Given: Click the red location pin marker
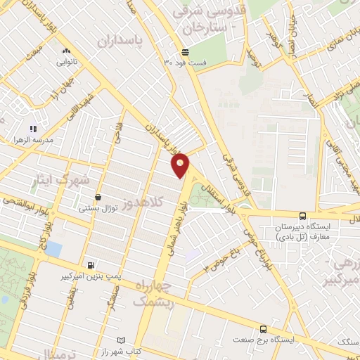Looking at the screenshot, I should [x=181, y=165].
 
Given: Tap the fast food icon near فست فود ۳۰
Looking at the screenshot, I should [x=184, y=52].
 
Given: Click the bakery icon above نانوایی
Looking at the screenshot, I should [x=66, y=51].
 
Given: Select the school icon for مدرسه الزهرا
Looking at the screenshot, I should [x=32, y=129].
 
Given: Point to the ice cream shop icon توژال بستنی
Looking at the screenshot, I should [x=98, y=198].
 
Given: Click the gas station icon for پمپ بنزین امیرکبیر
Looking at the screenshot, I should [x=86, y=266].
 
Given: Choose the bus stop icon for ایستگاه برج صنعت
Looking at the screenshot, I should [x=263, y=328].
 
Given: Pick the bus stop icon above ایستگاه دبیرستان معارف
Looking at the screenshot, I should [x=302, y=217].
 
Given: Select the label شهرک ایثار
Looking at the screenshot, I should [x=61, y=181].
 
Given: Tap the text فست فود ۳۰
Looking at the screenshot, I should [x=186, y=63].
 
